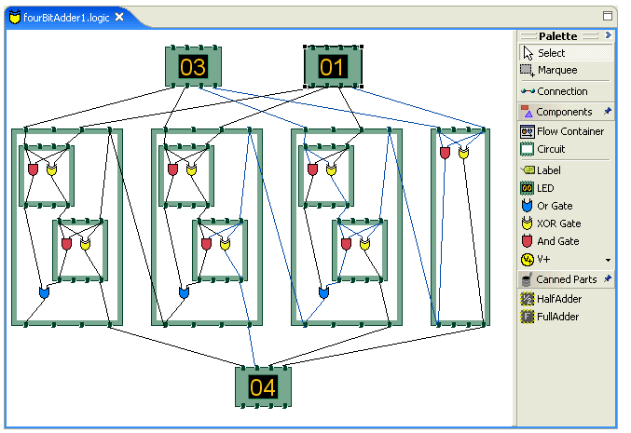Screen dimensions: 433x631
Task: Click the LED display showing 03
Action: (x=193, y=67)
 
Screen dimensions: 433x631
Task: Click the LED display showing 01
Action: (x=333, y=67)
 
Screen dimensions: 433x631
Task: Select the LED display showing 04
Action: (x=263, y=386)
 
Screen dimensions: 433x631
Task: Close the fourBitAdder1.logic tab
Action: (x=119, y=18)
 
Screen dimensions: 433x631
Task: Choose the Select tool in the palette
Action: (x=551, y=53)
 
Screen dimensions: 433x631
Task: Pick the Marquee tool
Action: (x=556, y=70)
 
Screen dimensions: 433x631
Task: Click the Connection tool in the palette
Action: (x=562, y=91)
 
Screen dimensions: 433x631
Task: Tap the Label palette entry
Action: (x=550, y=170)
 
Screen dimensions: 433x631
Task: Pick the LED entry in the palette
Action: (x=545, y=188)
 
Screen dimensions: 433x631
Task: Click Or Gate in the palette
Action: (x=555, y=206)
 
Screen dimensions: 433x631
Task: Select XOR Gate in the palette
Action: (x=558, y=223)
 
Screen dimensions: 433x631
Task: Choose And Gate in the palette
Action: (x=557, y=241)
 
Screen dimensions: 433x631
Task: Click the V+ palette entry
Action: (x=545, y=259)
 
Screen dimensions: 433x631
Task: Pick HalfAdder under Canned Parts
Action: (x=557, y=299)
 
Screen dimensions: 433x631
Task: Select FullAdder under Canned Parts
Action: (x=557, y=317)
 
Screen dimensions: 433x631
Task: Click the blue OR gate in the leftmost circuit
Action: (x=43, y=292)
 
